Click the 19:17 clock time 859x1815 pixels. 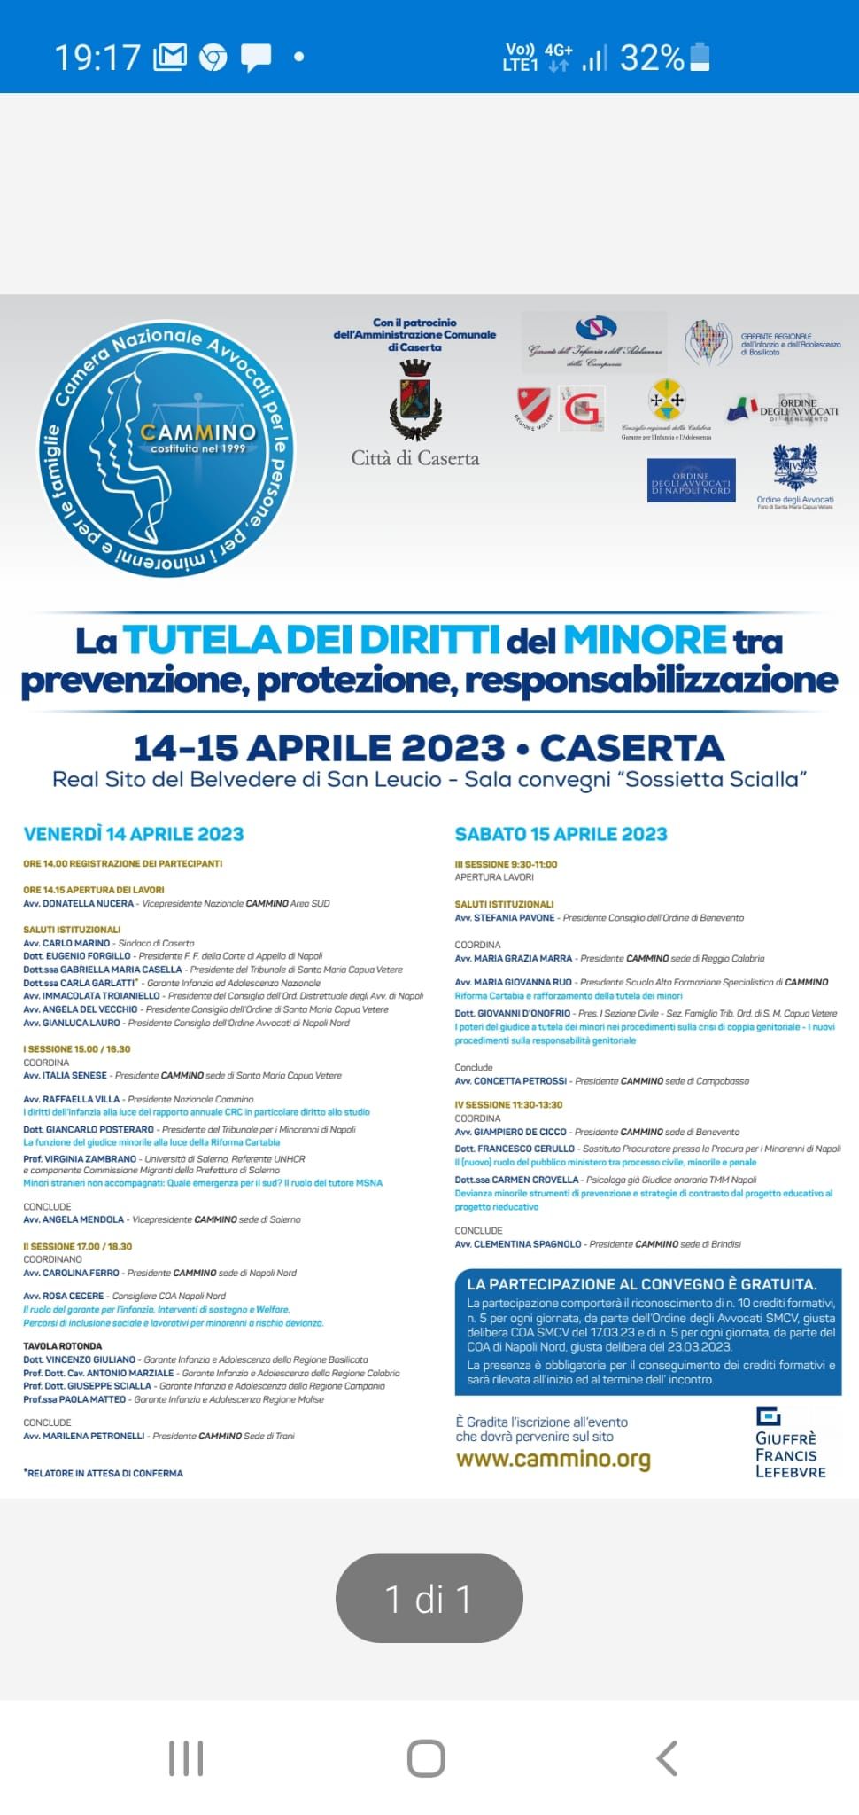click(97, 58)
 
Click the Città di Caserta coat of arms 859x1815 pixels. click(415, 401)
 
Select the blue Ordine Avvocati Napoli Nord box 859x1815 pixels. click(691, 480)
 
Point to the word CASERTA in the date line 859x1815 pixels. click(631, 748)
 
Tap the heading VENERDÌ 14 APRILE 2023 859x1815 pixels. click(133, 834)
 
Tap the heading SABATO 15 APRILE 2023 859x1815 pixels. click(561, 834)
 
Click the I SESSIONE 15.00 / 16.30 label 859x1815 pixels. click(77, 1048)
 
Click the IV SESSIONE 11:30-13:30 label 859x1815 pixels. click(508, 1104)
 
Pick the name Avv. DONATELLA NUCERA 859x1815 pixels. click(79, 903)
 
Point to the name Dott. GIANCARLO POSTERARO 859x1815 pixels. click(89, 1129)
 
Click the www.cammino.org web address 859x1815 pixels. click(553, 1459)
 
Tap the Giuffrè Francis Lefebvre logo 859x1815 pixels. click(790, 1443)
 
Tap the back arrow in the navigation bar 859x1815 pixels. click(666, 1758)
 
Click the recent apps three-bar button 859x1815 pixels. click(186, 1758)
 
